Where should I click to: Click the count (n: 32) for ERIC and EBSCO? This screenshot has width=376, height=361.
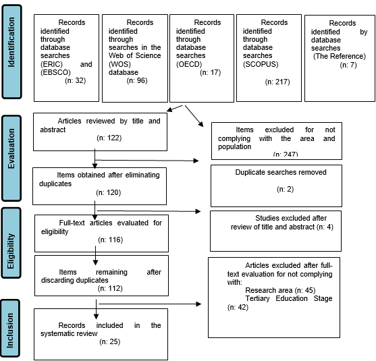[x=76, y=80]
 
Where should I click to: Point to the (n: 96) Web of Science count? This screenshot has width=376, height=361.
[x=137, y=80]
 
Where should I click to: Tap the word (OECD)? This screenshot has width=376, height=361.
[x=189, y=64]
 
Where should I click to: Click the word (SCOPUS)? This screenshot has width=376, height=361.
[x=261, y=64]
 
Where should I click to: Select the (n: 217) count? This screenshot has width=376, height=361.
[x=277, y=82]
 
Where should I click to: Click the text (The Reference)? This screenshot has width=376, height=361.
[x=340, y=56]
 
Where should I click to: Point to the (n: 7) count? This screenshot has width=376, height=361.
[x=348, y=65]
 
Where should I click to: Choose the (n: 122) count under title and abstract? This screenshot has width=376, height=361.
[x=109, y=138]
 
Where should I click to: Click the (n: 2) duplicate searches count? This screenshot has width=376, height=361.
[x=286, y=189]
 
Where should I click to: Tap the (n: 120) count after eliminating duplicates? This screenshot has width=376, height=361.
[x=109, y=192]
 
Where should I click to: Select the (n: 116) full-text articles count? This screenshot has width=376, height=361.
[x=111, y=240]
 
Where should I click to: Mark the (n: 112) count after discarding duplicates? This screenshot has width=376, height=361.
[x=110, y=288]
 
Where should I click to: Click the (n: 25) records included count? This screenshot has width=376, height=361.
[x=110, y=341]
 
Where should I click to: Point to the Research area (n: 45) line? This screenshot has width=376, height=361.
[x=280, y=290]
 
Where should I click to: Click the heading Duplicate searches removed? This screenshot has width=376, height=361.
[x=281, y=172]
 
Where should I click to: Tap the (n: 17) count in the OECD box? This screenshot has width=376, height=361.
[x=211, y=72]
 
